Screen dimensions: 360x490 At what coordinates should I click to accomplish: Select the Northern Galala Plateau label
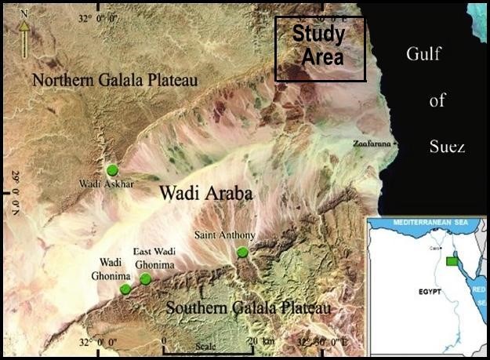pyautogui.click(x=114, y=80)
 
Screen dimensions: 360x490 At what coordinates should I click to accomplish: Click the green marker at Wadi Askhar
pyautogui.click(x=112, y=170)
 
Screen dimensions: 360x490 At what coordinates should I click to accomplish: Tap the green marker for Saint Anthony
pyautogui.click(x=242, y=252)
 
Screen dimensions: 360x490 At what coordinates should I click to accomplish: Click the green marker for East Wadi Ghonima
pyautogui.click(x=145, y=278)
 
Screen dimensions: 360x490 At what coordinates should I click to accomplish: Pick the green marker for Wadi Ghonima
pyautogui.click(x=125, y=289)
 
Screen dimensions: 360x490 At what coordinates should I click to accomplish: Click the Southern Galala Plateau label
pyautogui.click(x=248, y=308)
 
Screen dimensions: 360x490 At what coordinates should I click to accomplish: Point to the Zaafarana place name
pyautogui.click(x=372, y=144)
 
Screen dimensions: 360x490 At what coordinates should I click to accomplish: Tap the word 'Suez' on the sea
pyautogui.click(x=447, y=147)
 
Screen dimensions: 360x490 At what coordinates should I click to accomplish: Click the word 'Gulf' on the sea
pyautogui.click(x=425, y=54)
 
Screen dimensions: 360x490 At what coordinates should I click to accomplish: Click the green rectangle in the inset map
pyautogui.click(x=452, y=261)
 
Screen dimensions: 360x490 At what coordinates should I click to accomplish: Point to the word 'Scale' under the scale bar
pyautogui.click(x=206, y=347)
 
